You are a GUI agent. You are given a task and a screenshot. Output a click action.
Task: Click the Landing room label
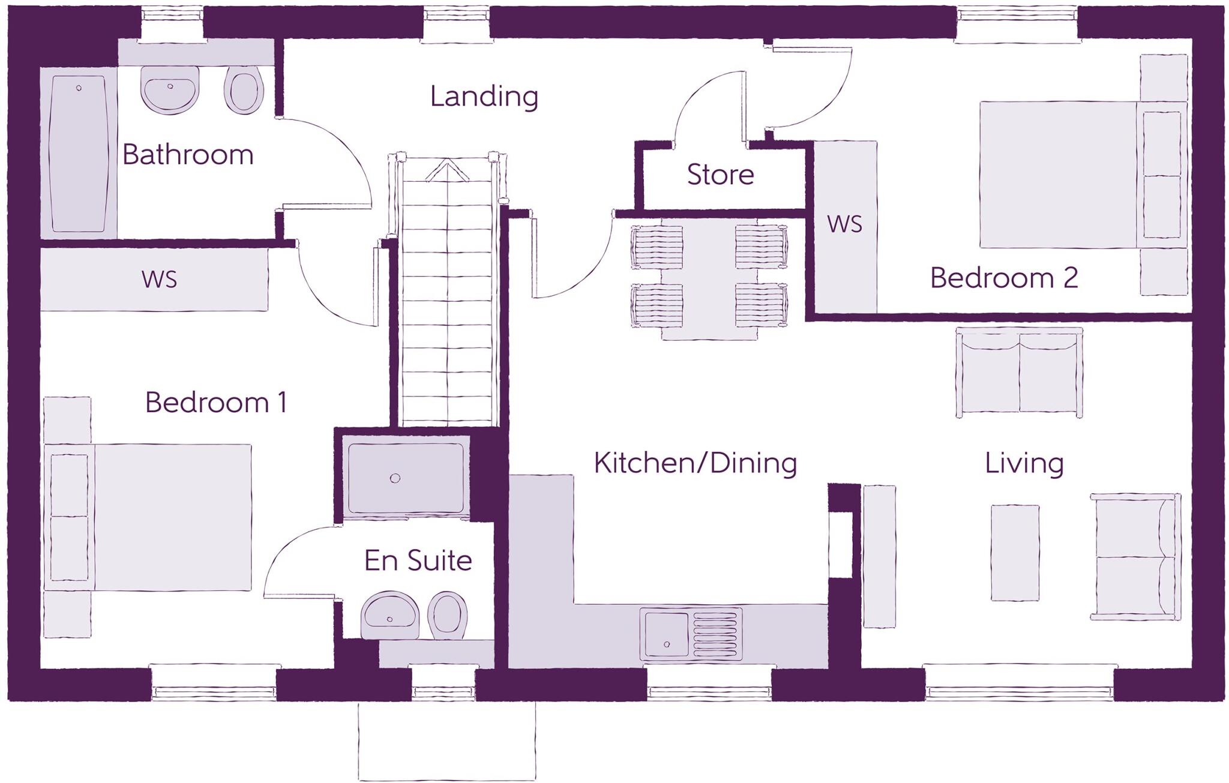(x=484, y=97)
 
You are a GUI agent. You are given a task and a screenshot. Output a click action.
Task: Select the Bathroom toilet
(x=244, y=90)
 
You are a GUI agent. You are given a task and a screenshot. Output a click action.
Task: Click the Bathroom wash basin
(x=170, y=89)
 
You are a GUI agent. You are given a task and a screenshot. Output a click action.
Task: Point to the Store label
(x=720, y=175)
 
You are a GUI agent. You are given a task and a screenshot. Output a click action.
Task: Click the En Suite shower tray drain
(x=395, y=478)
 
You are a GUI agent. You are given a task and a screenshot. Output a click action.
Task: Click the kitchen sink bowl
(x=667, y=634)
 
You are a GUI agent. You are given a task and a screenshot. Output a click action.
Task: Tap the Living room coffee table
(x=1015, y=553)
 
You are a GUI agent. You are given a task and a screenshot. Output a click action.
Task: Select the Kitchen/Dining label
(x=695, y=463)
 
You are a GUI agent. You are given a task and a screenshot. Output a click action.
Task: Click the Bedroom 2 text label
(x=1003, y=278)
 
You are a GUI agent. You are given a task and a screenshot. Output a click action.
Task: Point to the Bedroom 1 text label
(x=216, y=402)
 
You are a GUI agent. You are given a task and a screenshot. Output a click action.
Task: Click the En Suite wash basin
(x=391, y=615)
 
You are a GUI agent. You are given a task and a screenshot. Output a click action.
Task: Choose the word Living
(x=1024, y=463)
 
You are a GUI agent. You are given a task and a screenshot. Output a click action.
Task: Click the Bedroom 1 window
(x=214, y=683)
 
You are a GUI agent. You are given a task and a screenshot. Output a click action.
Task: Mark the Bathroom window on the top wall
(x=172, y=24)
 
